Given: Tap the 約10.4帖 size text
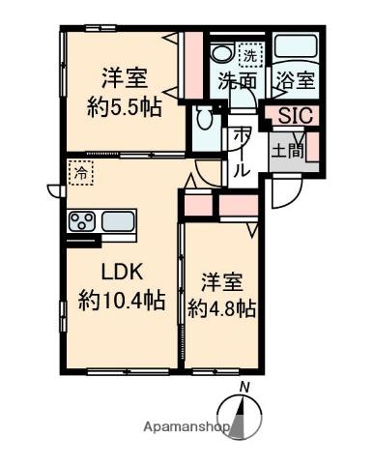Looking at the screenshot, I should pyautogui.click(x=120, y=301).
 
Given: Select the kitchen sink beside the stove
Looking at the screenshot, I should pyautogui.click(x=119, y=222).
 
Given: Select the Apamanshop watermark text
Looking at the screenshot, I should pyautogui.click(x=186, y=425).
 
